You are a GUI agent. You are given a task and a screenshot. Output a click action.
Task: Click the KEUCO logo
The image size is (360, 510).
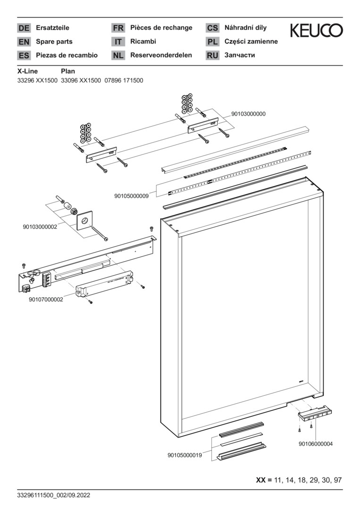316,31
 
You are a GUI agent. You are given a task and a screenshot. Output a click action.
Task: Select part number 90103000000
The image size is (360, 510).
248,114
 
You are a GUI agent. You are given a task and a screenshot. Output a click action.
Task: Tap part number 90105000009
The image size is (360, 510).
132,195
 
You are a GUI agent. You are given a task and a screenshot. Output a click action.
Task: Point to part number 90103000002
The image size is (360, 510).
40,227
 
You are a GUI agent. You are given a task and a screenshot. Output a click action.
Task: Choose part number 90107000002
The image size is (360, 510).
46,299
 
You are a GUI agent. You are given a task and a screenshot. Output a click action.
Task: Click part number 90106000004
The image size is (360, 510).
316,444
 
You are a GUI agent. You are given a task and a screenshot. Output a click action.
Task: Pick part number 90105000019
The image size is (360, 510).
185,455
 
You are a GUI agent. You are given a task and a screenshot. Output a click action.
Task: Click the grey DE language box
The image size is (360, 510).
24,28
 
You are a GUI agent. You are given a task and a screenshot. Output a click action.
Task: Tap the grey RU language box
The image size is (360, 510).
212,55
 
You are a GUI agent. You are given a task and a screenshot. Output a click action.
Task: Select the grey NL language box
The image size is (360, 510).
118,55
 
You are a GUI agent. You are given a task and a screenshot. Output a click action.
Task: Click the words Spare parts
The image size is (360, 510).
55,42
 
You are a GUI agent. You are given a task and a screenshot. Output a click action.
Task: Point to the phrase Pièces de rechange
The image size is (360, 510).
161,28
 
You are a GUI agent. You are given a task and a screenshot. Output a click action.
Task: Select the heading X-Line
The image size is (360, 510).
27,71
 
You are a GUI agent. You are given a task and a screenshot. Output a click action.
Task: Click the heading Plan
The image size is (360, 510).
68,71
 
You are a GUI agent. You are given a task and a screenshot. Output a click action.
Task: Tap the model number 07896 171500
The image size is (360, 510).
124,80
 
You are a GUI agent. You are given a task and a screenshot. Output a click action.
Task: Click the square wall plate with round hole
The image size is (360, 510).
85,221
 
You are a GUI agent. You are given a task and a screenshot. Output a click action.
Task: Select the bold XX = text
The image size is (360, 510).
264,480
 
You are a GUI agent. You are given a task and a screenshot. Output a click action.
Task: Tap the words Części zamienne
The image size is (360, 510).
251,42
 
